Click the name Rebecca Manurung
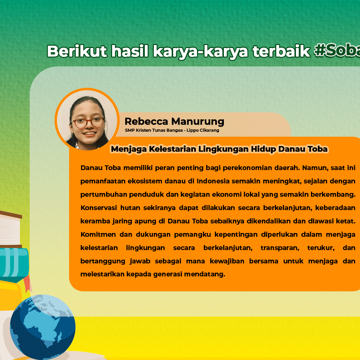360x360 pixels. pyautogui.click(x=174, y=121)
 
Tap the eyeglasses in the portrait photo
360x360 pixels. pyautogui.click(x=88, y=123)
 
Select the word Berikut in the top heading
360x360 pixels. pyautogui.click(x=77, y=51)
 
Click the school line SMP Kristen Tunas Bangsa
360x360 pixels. pyautogui.click(x=172, y=130)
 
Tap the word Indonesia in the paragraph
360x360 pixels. pyautogui.click(x=213, y=181)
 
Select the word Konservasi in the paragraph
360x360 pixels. pyautogui.click(x=98, y=208)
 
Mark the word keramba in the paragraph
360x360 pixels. pyautogui.click(x=93, y=221)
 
